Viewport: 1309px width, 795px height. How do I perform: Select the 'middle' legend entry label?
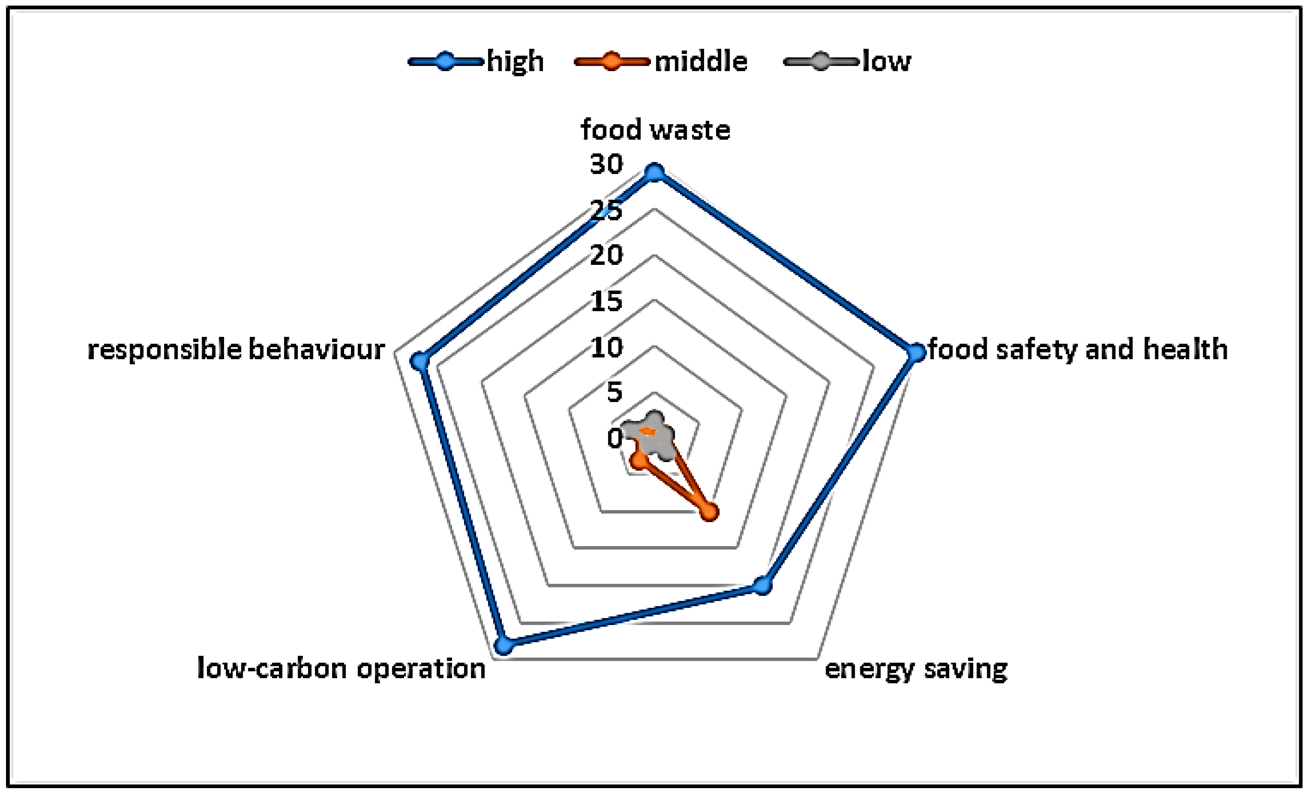701,62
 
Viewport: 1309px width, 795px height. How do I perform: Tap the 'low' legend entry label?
886,62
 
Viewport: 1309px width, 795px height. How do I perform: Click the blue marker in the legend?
446,62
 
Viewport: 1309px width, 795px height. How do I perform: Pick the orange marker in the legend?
611,62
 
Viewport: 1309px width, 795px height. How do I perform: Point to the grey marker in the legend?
821,62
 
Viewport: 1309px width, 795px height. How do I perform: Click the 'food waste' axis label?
655,130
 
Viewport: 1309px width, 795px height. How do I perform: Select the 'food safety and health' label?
1077,350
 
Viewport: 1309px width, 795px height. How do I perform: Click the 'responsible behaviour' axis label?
236,350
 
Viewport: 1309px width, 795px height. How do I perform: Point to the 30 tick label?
606,164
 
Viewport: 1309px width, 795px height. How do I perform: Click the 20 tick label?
606,255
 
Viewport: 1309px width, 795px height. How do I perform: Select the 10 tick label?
606,348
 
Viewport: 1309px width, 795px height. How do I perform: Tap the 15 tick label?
606,301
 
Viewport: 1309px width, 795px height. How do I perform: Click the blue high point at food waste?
654,173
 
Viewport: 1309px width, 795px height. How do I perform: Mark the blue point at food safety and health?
915,352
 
